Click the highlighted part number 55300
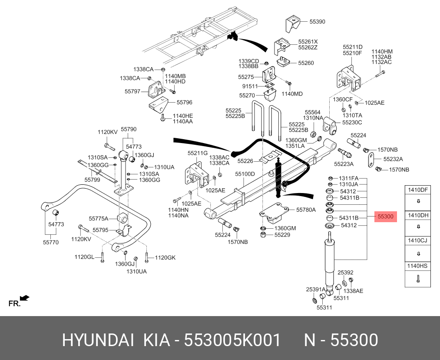click(385, 216)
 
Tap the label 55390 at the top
click(317, 21)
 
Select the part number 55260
click(305, 63)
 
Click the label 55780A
click(306, 210)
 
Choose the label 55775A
click(98, 218)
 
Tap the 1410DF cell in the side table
click(417, 190)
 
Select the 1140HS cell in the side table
click(417, 265)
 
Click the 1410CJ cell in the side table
click(417, 240)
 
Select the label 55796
click(184, 103)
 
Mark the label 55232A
click(393, 159)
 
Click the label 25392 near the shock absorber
click(345, 272)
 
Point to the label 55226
click(245, 161)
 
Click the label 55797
click(132, 92)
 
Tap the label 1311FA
click(349, 178)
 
